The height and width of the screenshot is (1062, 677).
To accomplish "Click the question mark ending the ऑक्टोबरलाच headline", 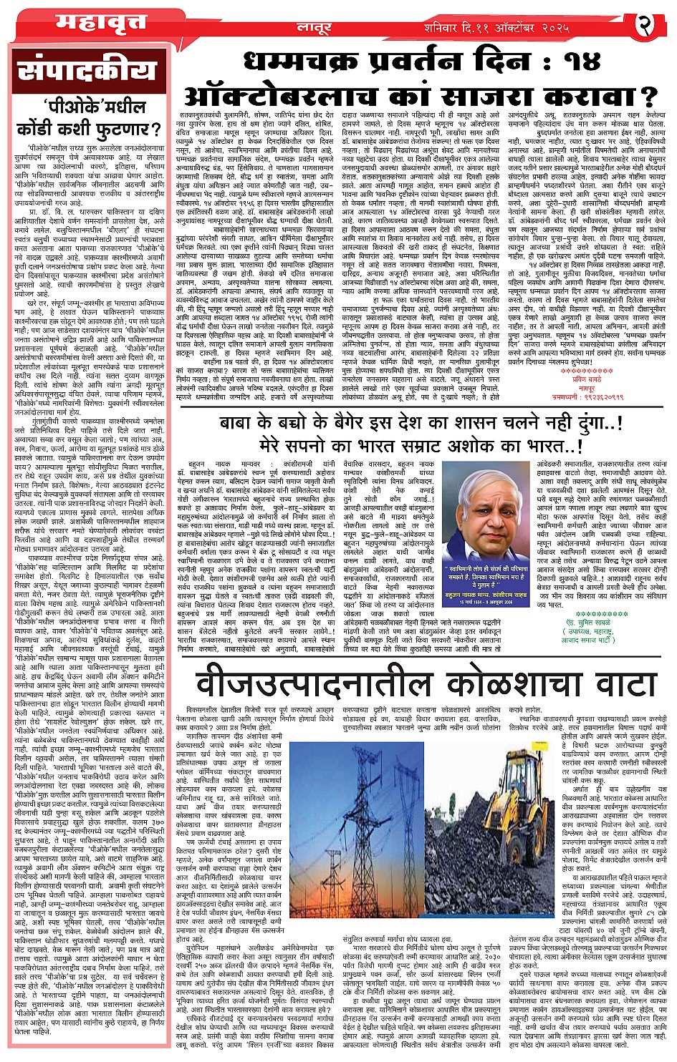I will pyautogui.click(x=648, y=96).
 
